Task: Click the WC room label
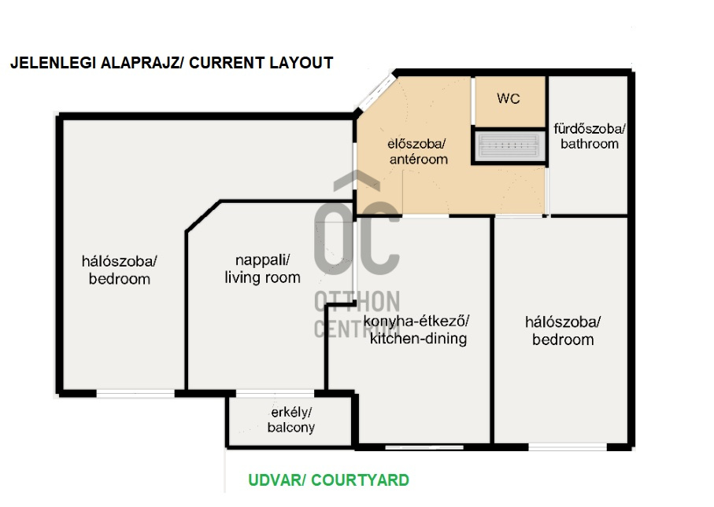509,98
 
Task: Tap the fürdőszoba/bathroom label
590,137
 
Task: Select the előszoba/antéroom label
418,152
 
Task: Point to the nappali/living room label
262,269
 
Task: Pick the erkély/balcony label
291,420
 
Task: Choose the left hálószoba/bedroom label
120,270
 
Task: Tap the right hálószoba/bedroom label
563,331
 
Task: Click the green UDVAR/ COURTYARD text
328,480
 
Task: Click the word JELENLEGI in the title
54,63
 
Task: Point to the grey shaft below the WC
509,145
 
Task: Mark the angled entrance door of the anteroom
376,92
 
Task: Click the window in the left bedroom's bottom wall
135,394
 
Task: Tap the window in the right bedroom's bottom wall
568,447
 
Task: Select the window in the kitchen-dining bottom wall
424,447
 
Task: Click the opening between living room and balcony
275,393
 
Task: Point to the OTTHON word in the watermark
357,301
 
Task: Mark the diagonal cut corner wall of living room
203,216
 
